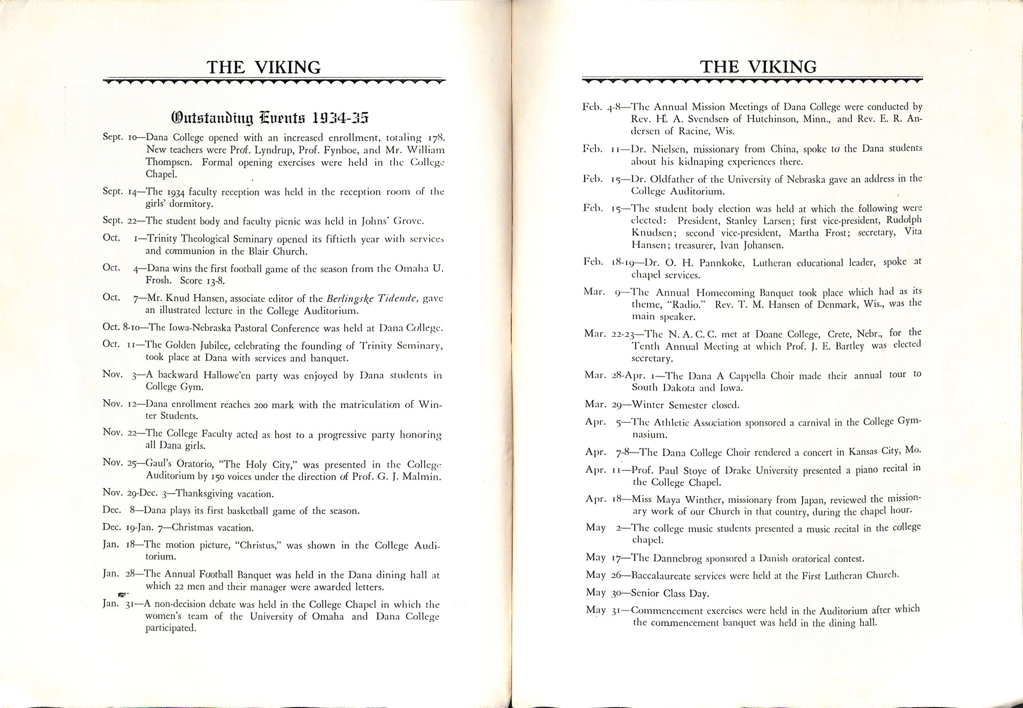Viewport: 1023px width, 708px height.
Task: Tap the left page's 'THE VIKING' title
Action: [x=263, y=67]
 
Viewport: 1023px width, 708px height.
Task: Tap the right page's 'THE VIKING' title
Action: [x=759, y=67]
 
